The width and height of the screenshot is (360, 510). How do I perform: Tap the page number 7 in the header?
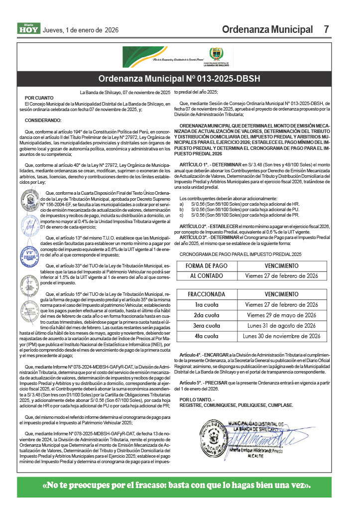(x=326, y=29)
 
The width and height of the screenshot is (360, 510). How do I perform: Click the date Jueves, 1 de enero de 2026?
(x=81, y=30)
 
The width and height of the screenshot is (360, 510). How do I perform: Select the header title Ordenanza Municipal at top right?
(x=267, y=29)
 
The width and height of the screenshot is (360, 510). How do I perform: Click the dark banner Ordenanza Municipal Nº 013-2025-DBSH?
(x=179, y=79)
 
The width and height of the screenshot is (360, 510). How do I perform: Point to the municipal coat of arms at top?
(x=216, y=54)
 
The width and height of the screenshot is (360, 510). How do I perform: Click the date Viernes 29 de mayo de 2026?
(x=281, y=315)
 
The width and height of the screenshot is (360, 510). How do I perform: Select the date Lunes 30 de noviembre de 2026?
(x=281, y=336)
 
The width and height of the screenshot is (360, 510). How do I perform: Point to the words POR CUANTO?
(x=38, y=98)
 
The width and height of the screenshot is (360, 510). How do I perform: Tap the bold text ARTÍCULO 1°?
(x=196, y=163)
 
